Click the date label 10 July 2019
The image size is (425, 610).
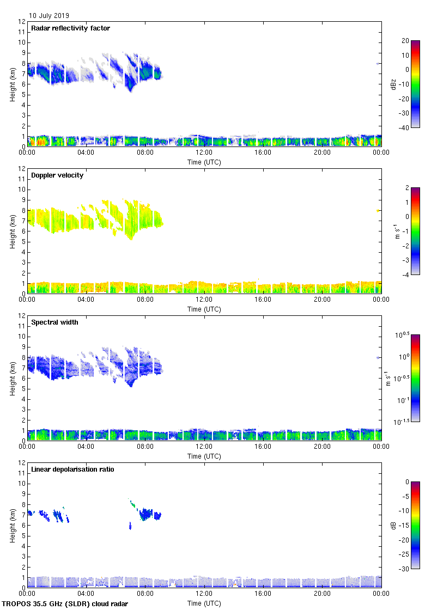49,16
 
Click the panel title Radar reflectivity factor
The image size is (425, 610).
71,28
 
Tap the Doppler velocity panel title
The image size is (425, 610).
57,175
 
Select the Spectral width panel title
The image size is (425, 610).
55,322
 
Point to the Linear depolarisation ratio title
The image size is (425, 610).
72,469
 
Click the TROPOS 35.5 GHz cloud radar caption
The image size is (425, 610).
66,604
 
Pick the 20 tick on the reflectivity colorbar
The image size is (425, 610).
405,41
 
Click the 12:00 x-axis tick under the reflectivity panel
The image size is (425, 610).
204,153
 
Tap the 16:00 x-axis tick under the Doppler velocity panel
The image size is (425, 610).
263,300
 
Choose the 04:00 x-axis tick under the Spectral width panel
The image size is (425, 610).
86,447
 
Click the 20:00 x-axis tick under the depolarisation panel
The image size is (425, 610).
322,594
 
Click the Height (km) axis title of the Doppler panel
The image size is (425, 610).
13,231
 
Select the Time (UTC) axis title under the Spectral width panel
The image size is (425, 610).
204,456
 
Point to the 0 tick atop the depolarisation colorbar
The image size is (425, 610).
406,482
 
